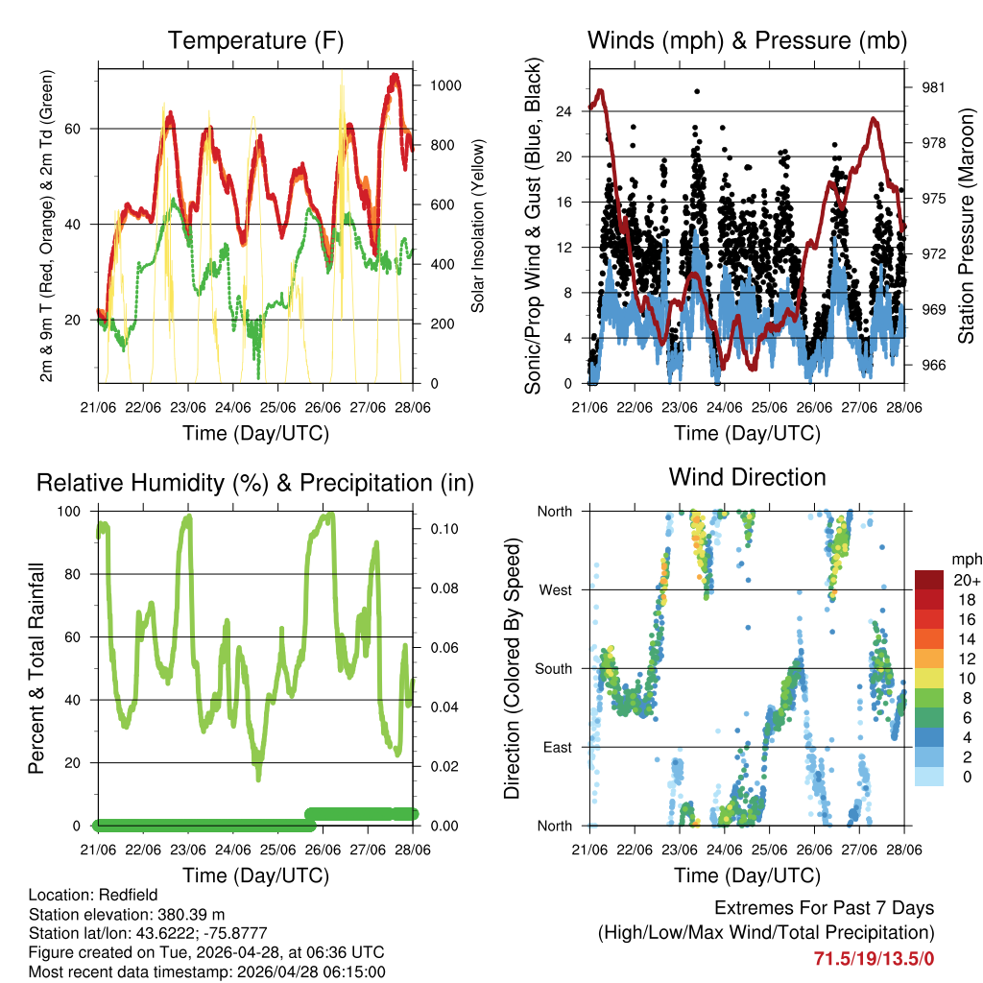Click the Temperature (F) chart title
255,41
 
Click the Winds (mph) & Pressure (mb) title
747,41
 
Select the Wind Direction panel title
747,477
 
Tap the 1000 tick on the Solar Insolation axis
446,85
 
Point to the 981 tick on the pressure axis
934,87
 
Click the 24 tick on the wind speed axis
565,111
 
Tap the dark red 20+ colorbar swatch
929,580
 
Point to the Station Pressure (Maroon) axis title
966,225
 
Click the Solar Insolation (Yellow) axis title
477,225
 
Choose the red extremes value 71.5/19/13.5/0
875,958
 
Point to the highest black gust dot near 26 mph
697,91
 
